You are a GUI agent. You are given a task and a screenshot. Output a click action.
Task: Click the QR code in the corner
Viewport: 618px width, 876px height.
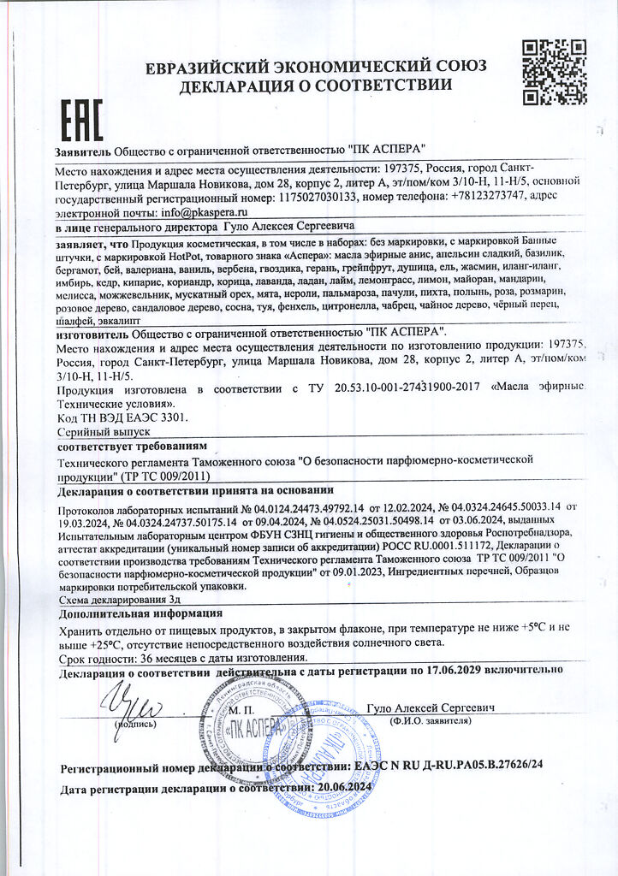click(x=554, y=72)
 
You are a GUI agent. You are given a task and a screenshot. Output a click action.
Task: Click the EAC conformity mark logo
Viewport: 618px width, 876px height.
click(x=80, y=120)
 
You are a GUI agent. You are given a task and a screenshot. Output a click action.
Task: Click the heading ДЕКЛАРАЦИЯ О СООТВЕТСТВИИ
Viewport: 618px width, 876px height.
click(x=316, y=84)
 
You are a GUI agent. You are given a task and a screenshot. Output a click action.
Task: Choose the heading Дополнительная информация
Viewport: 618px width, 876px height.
click(x=140, y=613)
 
